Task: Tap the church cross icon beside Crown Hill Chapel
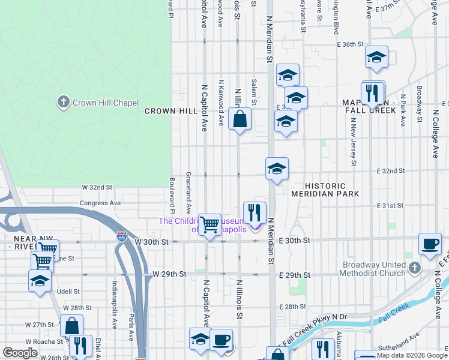(63, 102)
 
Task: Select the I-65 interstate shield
(122, 236)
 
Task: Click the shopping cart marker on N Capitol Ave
(209, 225)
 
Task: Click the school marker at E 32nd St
(277, 168)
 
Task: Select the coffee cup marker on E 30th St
(430, 244)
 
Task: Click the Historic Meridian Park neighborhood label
(325, 190)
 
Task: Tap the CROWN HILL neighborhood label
(171, 111)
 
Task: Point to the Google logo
(20, 353)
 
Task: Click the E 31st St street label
(390, 206)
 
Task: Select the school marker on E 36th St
(376, 57)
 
